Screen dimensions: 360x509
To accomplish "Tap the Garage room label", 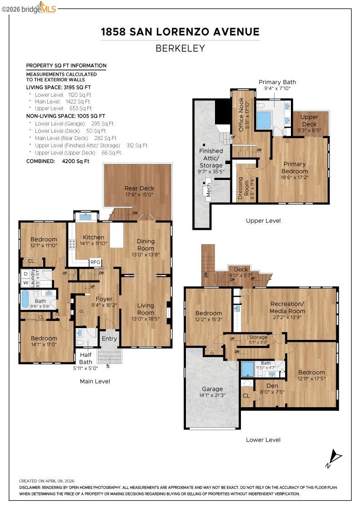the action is click(212, 389).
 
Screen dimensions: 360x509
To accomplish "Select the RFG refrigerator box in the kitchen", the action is click(95, 262).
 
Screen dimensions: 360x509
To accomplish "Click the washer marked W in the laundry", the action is click(25, 283).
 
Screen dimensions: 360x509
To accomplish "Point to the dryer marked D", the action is click(25, 274).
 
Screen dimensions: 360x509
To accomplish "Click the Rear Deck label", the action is click(139, 188).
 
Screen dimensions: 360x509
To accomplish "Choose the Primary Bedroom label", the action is click(295, 168).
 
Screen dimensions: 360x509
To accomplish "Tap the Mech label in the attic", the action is click(209, 190).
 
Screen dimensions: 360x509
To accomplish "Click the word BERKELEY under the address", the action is click(180, 48).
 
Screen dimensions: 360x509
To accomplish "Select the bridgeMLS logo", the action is click(29, 8).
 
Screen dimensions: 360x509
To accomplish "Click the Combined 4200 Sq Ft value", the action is click(75, 161).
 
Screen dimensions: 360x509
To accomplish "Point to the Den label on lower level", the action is click(272, 386).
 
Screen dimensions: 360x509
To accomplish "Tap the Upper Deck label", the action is click(309, 120).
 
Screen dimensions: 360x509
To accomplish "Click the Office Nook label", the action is click(241, 115).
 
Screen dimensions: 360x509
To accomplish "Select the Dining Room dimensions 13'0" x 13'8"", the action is click(145, 254).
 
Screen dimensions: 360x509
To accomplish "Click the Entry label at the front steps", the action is click(109, 339).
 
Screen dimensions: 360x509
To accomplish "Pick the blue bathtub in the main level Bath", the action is click(25, 299).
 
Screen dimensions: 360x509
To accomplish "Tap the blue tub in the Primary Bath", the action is click(263, 120).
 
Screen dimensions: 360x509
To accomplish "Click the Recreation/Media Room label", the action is click(287, 307).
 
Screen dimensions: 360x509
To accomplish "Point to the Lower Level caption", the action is click(263, 440).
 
